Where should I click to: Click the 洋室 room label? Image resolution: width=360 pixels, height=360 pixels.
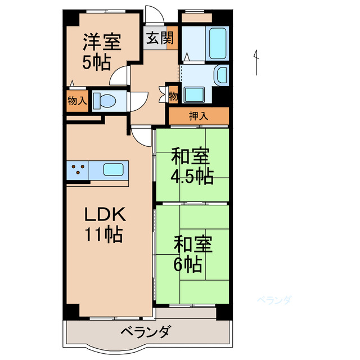(x=101, y=42)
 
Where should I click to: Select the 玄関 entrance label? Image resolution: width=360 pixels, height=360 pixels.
(x=160, y=39)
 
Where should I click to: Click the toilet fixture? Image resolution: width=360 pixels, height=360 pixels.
(x=105, y=101)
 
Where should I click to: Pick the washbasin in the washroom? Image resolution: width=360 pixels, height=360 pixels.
(x=222, y=74)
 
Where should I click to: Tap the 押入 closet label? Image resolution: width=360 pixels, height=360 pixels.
(x=198, y=117)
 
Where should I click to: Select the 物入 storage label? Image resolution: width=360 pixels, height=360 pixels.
(x=76, y=101)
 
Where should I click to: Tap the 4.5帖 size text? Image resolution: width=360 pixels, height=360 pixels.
(x=192, y=177)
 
